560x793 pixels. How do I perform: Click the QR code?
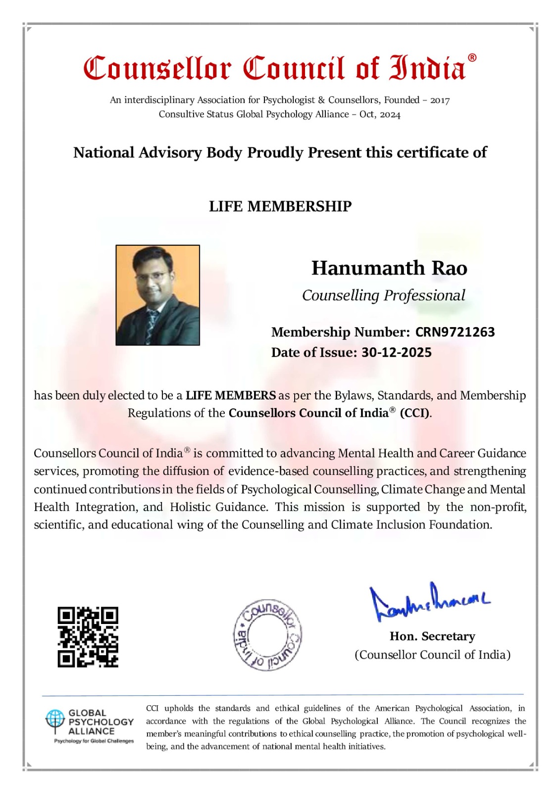(x=88, y=637)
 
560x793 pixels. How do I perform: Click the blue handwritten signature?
(x=428, y=602)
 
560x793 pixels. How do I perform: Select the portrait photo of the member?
(x=157, y=295)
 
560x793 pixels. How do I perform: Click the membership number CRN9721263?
(x=455, y=332)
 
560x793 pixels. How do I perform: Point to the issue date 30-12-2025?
(x=396, y=352)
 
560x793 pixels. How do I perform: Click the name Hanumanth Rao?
(x=389, y=268)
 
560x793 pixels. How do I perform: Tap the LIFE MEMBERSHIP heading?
(x=280, y=206)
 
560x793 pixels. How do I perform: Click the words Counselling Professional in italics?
(x=384, y=295)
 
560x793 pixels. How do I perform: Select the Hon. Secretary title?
(x=432, y=636)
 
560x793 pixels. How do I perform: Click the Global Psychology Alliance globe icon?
(x=55, y=720)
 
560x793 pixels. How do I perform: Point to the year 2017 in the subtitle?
(x=440, y=101)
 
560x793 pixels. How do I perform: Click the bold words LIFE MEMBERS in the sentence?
(x=231, y=396)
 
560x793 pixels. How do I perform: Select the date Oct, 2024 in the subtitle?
(x=380, y=114)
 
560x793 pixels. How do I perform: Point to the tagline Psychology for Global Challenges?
(x=94, y=741)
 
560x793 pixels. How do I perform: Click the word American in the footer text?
(x=393, y=709)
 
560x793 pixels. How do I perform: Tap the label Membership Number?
(x=340, y=332)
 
